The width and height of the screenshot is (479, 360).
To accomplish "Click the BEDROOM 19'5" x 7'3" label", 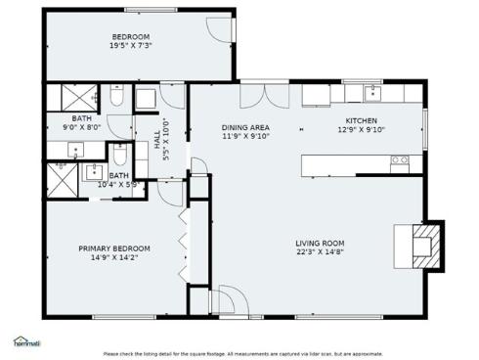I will (x=130, y=40).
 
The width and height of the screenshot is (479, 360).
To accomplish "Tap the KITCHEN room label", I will (x=361, y=119).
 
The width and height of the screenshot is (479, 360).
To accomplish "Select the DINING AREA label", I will (x=244, y=127).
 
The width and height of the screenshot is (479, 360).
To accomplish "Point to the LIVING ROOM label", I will (x=320, y=244).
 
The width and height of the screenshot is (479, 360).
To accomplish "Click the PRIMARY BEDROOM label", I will (x=114, y=248).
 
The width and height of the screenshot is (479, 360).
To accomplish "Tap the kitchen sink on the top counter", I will (x=372, y=94).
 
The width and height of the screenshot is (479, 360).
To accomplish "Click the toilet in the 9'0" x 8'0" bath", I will (x=114, y=99).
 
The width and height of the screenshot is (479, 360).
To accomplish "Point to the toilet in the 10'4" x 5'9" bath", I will (x=119, y=156).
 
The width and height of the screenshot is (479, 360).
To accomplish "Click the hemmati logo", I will (x=26, y=342).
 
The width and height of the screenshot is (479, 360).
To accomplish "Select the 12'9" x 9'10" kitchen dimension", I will (x=361, y=128).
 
